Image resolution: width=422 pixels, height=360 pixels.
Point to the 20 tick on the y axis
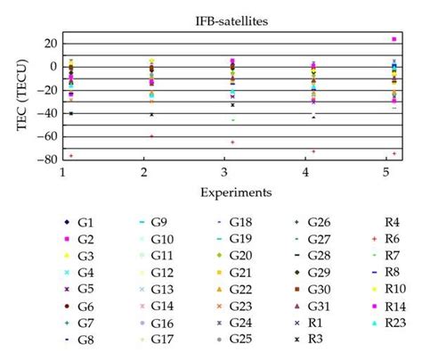[49, 43]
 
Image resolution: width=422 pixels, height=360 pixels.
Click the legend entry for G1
[84, 222]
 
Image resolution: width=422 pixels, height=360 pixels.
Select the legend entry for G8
[84, 340]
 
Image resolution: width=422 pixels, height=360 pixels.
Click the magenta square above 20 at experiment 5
[394, 39]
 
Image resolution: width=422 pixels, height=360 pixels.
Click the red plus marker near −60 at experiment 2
[151, 136]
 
